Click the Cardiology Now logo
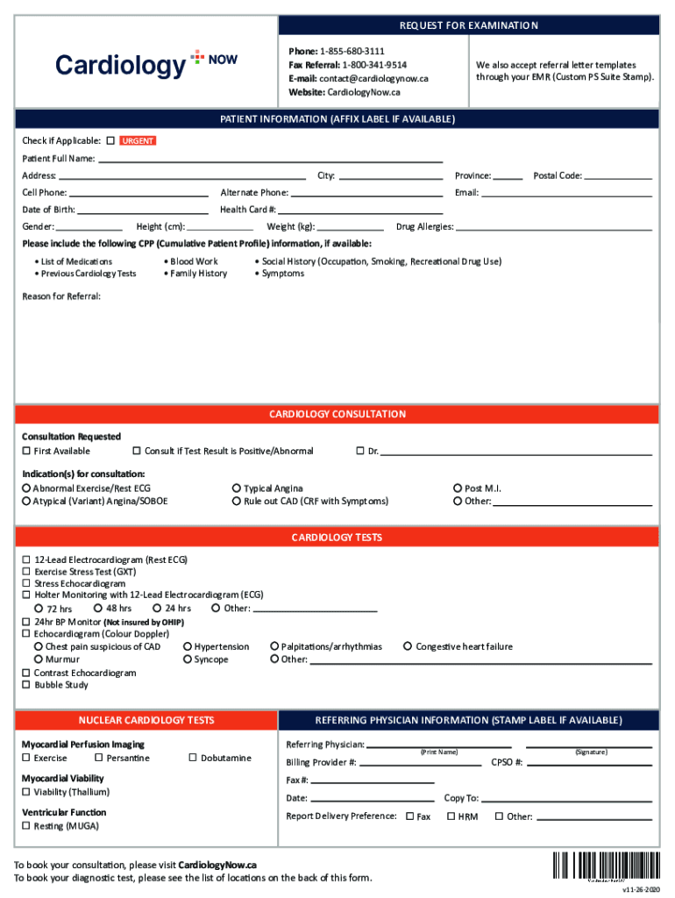pos(146,64)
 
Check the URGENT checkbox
pos(110,140)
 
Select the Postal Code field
pos(618,175)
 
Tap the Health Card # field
pos(360,210)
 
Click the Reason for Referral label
pos(61,296)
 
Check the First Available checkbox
pos(26,452)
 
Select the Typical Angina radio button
pos(237,488)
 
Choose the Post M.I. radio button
pos(458,488)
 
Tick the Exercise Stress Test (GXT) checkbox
pos(26,572)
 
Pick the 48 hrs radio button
pos(98,608)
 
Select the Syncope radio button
pos(188,659)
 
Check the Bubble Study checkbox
pos(26,685)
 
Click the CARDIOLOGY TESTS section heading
pos(337,538)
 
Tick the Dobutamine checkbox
pos(193,758)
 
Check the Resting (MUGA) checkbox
pos(26,826)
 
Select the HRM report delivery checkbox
pos(451,816)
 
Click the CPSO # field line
pos(589,763)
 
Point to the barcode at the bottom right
pos(607,866)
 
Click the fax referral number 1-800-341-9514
pos(374,65)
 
